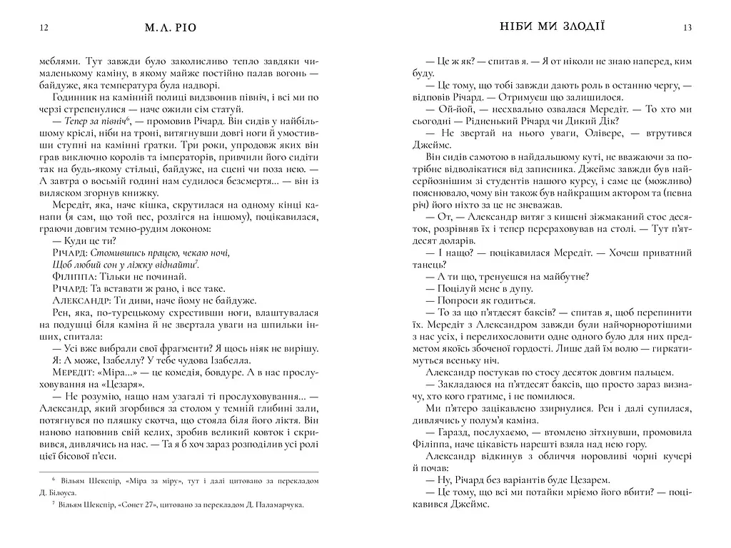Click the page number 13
click(687, 28)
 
